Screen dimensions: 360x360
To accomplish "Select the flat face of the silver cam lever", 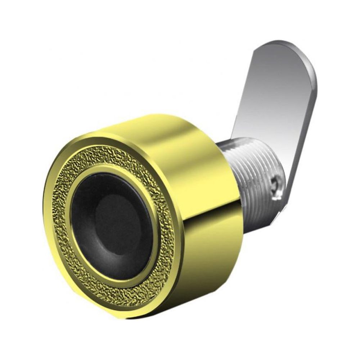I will point(277,101).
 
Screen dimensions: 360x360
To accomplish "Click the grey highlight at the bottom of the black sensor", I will point(119,274).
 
